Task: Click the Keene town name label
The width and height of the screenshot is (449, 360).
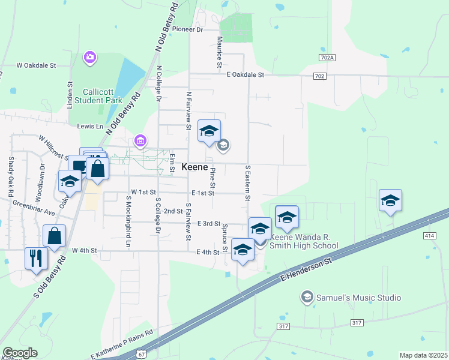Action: (194, 167)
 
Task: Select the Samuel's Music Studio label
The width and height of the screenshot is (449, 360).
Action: (359, 298)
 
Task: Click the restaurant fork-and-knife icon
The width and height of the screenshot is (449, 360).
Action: (35, 258)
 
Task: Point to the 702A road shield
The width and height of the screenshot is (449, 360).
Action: (327, 57)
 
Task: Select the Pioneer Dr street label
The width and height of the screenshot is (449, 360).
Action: (188, 29)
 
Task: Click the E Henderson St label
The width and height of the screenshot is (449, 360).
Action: (307, 271)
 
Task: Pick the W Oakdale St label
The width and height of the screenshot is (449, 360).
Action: (36, 65)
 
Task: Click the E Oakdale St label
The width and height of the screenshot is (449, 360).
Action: (246, 74)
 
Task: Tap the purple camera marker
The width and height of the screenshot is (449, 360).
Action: (90, 57)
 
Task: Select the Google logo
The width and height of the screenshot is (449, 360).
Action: (20, 353)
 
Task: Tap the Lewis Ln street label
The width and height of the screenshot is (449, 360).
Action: (90, 127)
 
